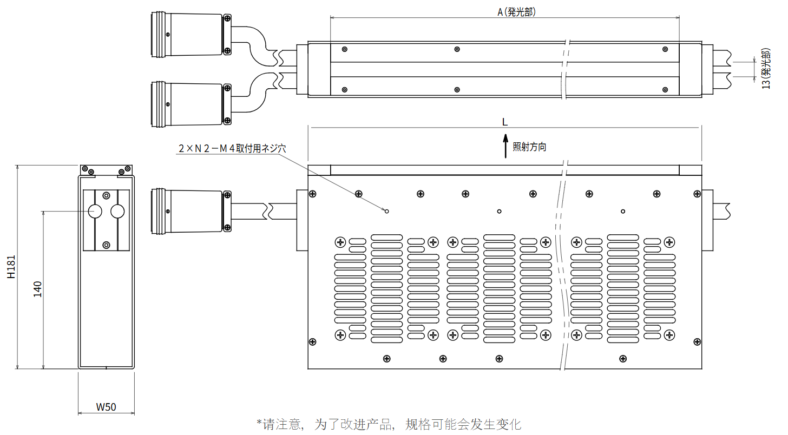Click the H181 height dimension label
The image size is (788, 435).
(11, 267)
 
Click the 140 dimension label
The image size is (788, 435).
(37, 289)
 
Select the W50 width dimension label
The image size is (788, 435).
(106, 407)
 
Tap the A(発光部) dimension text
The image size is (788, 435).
(516, 12)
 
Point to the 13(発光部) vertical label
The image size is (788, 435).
(766, 69)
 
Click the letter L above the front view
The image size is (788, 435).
(505, 122)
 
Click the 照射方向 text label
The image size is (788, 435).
(529, 147)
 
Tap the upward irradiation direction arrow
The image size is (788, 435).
(505, 147)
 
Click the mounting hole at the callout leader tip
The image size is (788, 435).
(386, 211)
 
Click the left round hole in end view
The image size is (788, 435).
(95, 211)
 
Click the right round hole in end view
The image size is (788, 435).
(117, 211)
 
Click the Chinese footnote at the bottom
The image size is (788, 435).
(389, 424)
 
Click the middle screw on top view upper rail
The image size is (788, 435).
(457, 49)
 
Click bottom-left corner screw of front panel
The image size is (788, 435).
(312, 341)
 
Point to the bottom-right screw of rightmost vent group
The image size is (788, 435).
(669, 335)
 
